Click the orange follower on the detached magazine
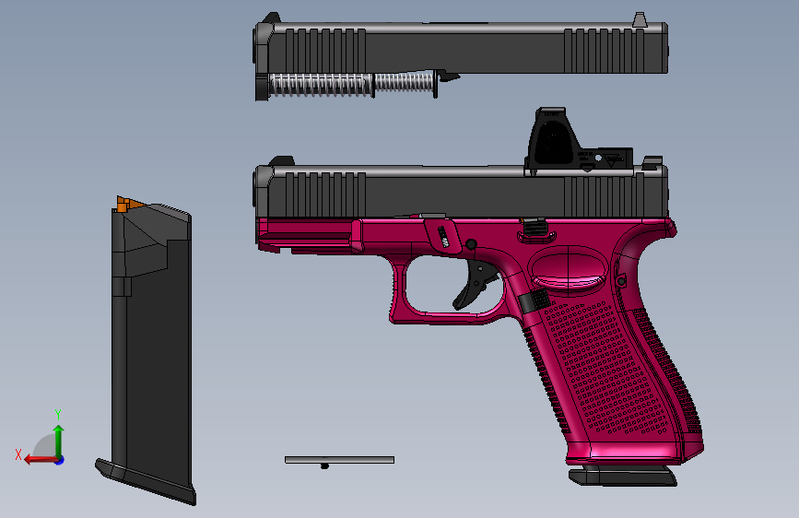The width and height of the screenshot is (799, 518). [x=128, y=203]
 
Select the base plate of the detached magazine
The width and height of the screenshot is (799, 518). [x=147, y=481]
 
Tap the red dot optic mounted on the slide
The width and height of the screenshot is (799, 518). [x=552, y=141]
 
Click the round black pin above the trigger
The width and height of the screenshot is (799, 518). [x=471, y=244]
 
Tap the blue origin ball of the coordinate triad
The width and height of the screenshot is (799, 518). [x=59, y=459]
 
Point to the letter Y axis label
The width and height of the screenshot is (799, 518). [x=57, y=414]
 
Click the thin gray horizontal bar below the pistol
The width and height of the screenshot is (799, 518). [x=339, y=459]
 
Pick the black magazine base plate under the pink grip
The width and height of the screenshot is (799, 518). [x=622, y=477]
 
